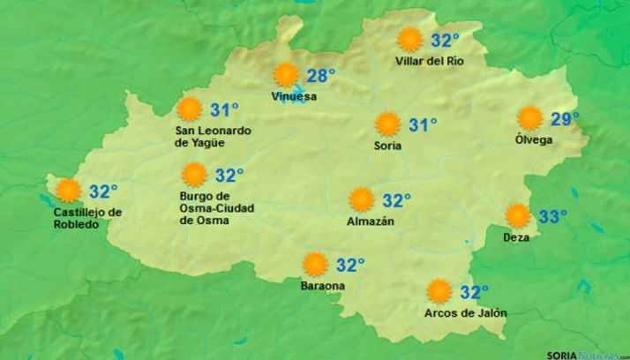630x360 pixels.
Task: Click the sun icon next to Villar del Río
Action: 409,40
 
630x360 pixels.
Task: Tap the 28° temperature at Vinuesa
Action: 320,75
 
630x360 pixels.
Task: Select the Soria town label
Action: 387,145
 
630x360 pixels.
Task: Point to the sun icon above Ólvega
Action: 529,118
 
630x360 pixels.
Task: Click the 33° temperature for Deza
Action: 552,216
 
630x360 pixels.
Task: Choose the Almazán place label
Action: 371,221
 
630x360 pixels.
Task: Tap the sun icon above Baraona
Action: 314,264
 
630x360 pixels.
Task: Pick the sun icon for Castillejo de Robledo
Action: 67,191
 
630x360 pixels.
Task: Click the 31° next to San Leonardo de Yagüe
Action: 225,110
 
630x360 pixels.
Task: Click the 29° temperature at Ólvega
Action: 565,118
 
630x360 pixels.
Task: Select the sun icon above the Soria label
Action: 387,124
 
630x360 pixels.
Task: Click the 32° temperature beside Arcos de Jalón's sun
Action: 475,292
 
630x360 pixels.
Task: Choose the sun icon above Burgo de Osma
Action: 194,176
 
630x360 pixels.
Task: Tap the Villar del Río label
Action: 430,61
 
